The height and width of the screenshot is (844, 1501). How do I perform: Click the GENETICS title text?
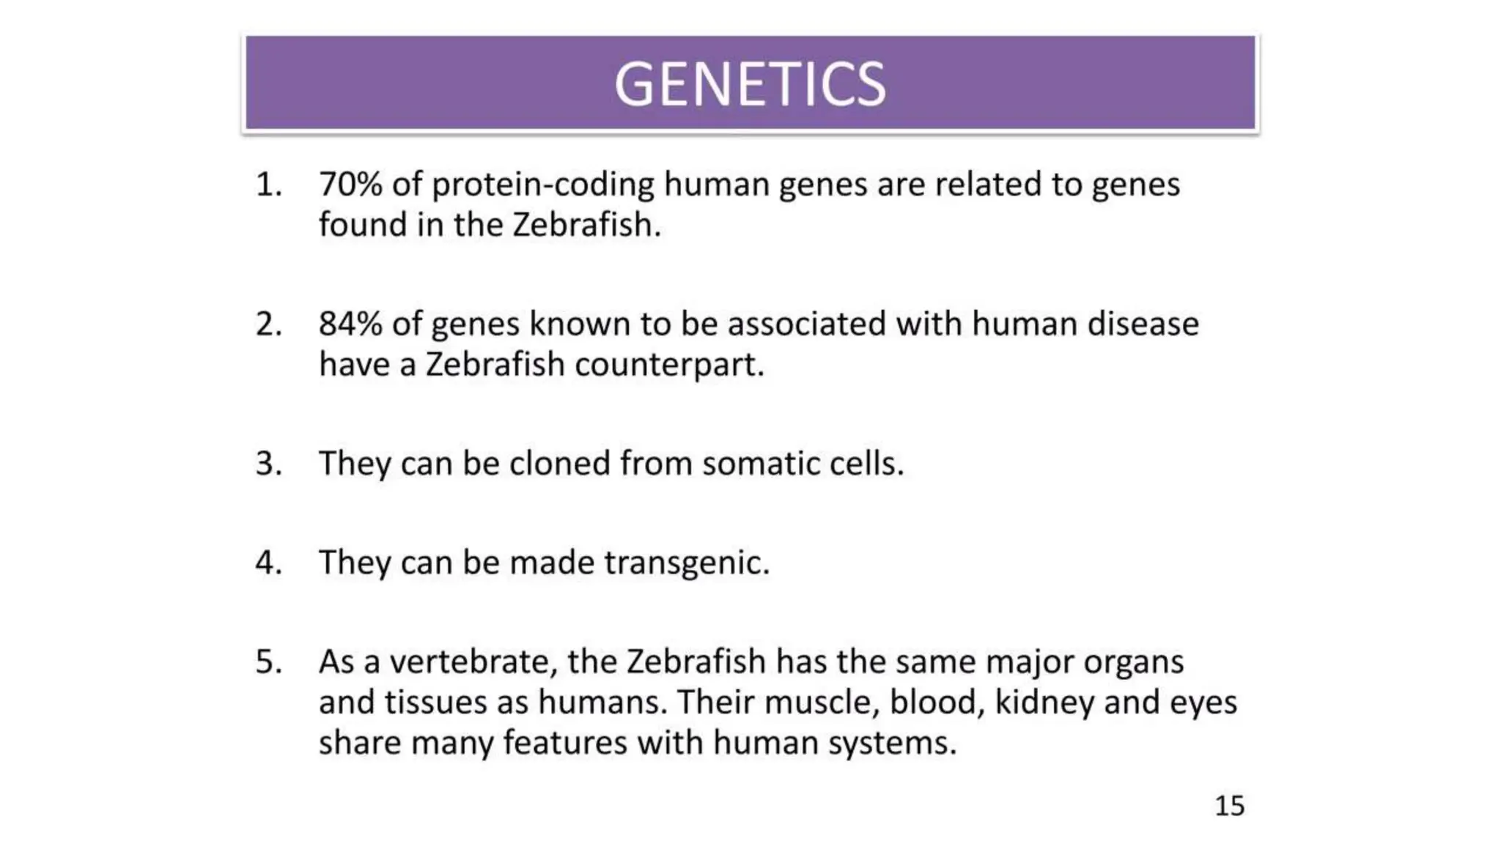[x=750, y=84]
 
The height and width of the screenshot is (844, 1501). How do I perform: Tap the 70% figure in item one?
[x=350, y=184]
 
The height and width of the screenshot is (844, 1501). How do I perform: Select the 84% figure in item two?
[x=350, y=324]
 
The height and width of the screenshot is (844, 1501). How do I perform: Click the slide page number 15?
[x=1229, y=806]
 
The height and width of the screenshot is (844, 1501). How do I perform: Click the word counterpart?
[x=668, y=365]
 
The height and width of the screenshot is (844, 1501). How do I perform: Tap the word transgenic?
[x=687, y=563]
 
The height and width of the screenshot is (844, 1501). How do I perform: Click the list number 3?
[x=268, y=464]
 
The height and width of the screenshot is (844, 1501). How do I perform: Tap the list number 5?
[x=268, y=662]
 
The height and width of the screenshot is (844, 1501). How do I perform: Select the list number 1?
[x=268, y=184]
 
